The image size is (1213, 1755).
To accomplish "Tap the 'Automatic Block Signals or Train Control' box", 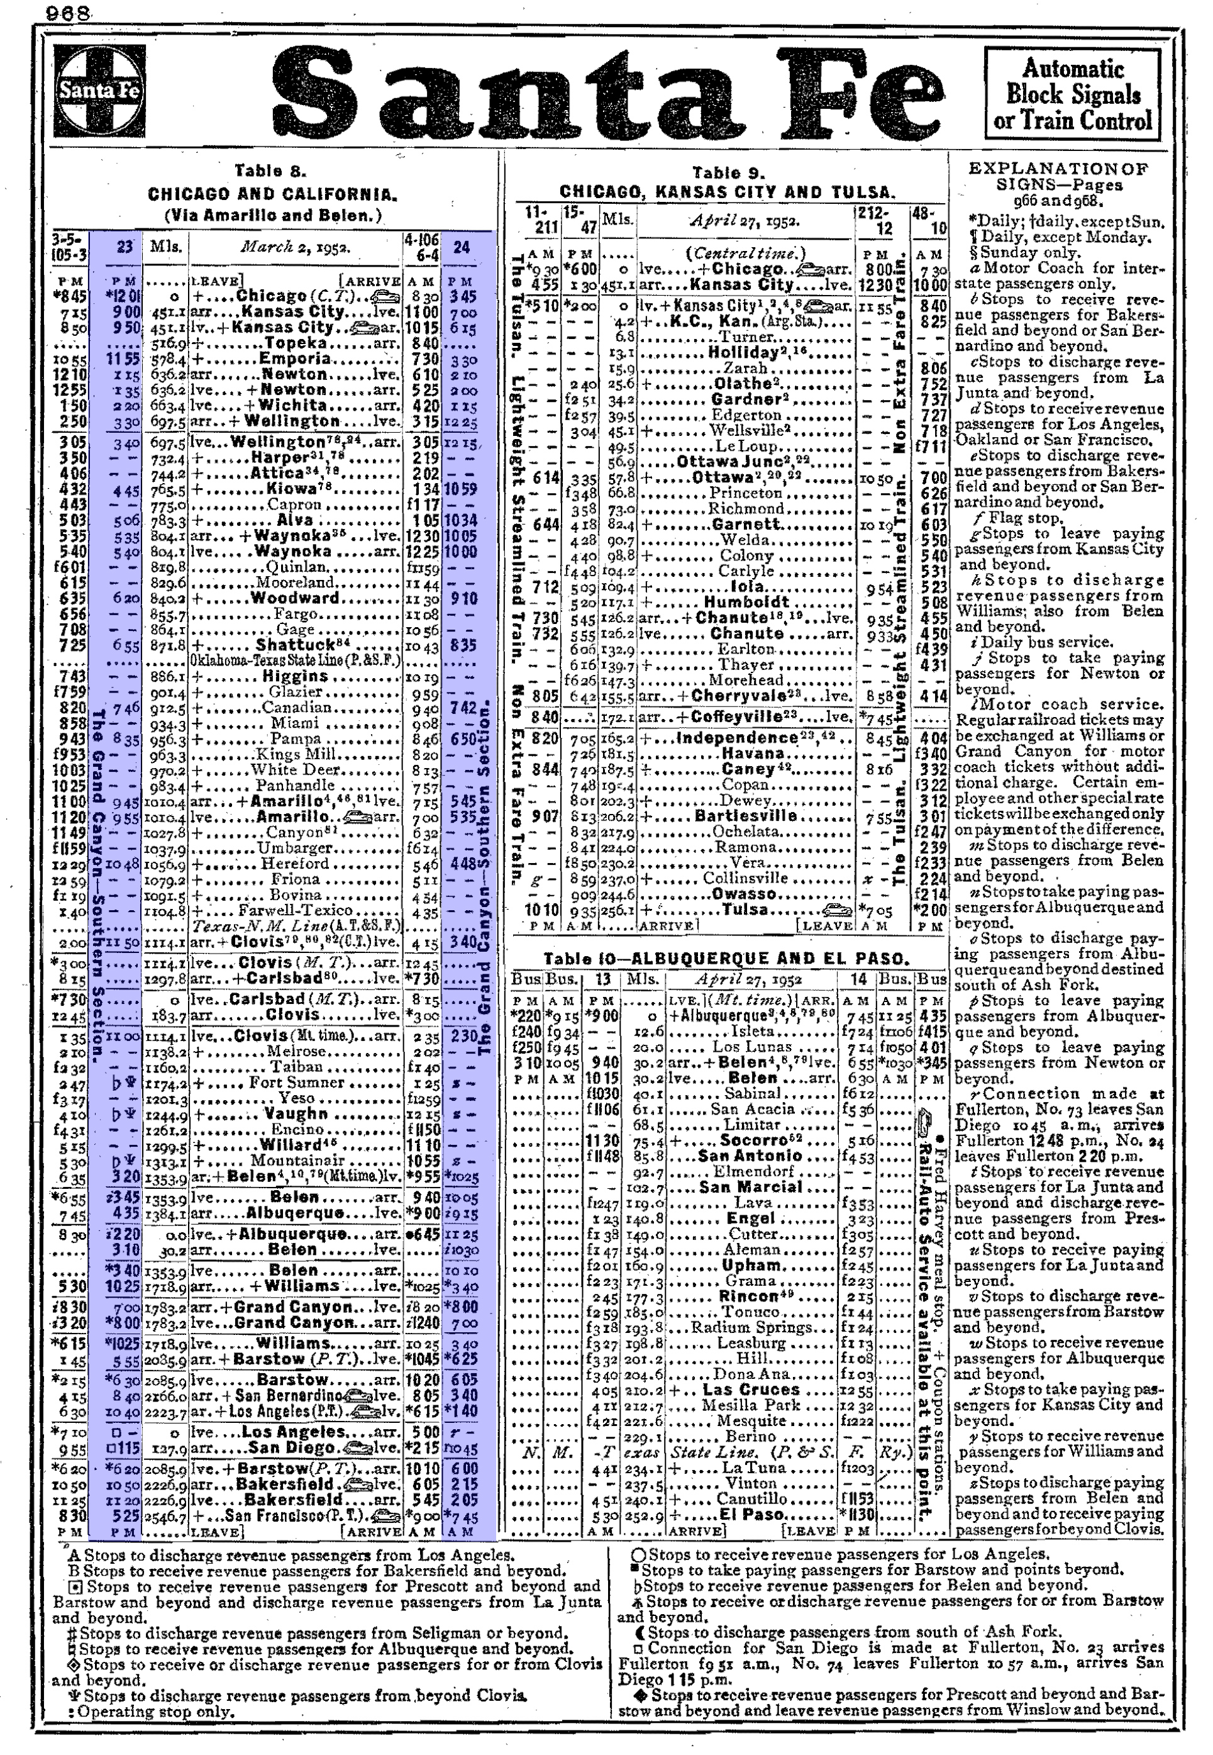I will [x=1072, y=94].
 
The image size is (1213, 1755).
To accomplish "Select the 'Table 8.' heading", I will [x=269, y=171].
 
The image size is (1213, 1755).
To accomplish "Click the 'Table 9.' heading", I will [x=728, y=173].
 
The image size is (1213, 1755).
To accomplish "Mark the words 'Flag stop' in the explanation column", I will [x=1023, y=518].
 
